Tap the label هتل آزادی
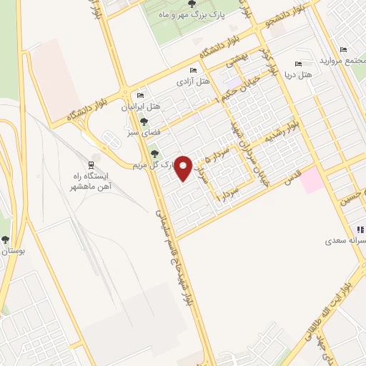(x=194, y=81)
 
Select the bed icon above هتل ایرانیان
(x=140, y=95)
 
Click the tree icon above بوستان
(x=6, y=240)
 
